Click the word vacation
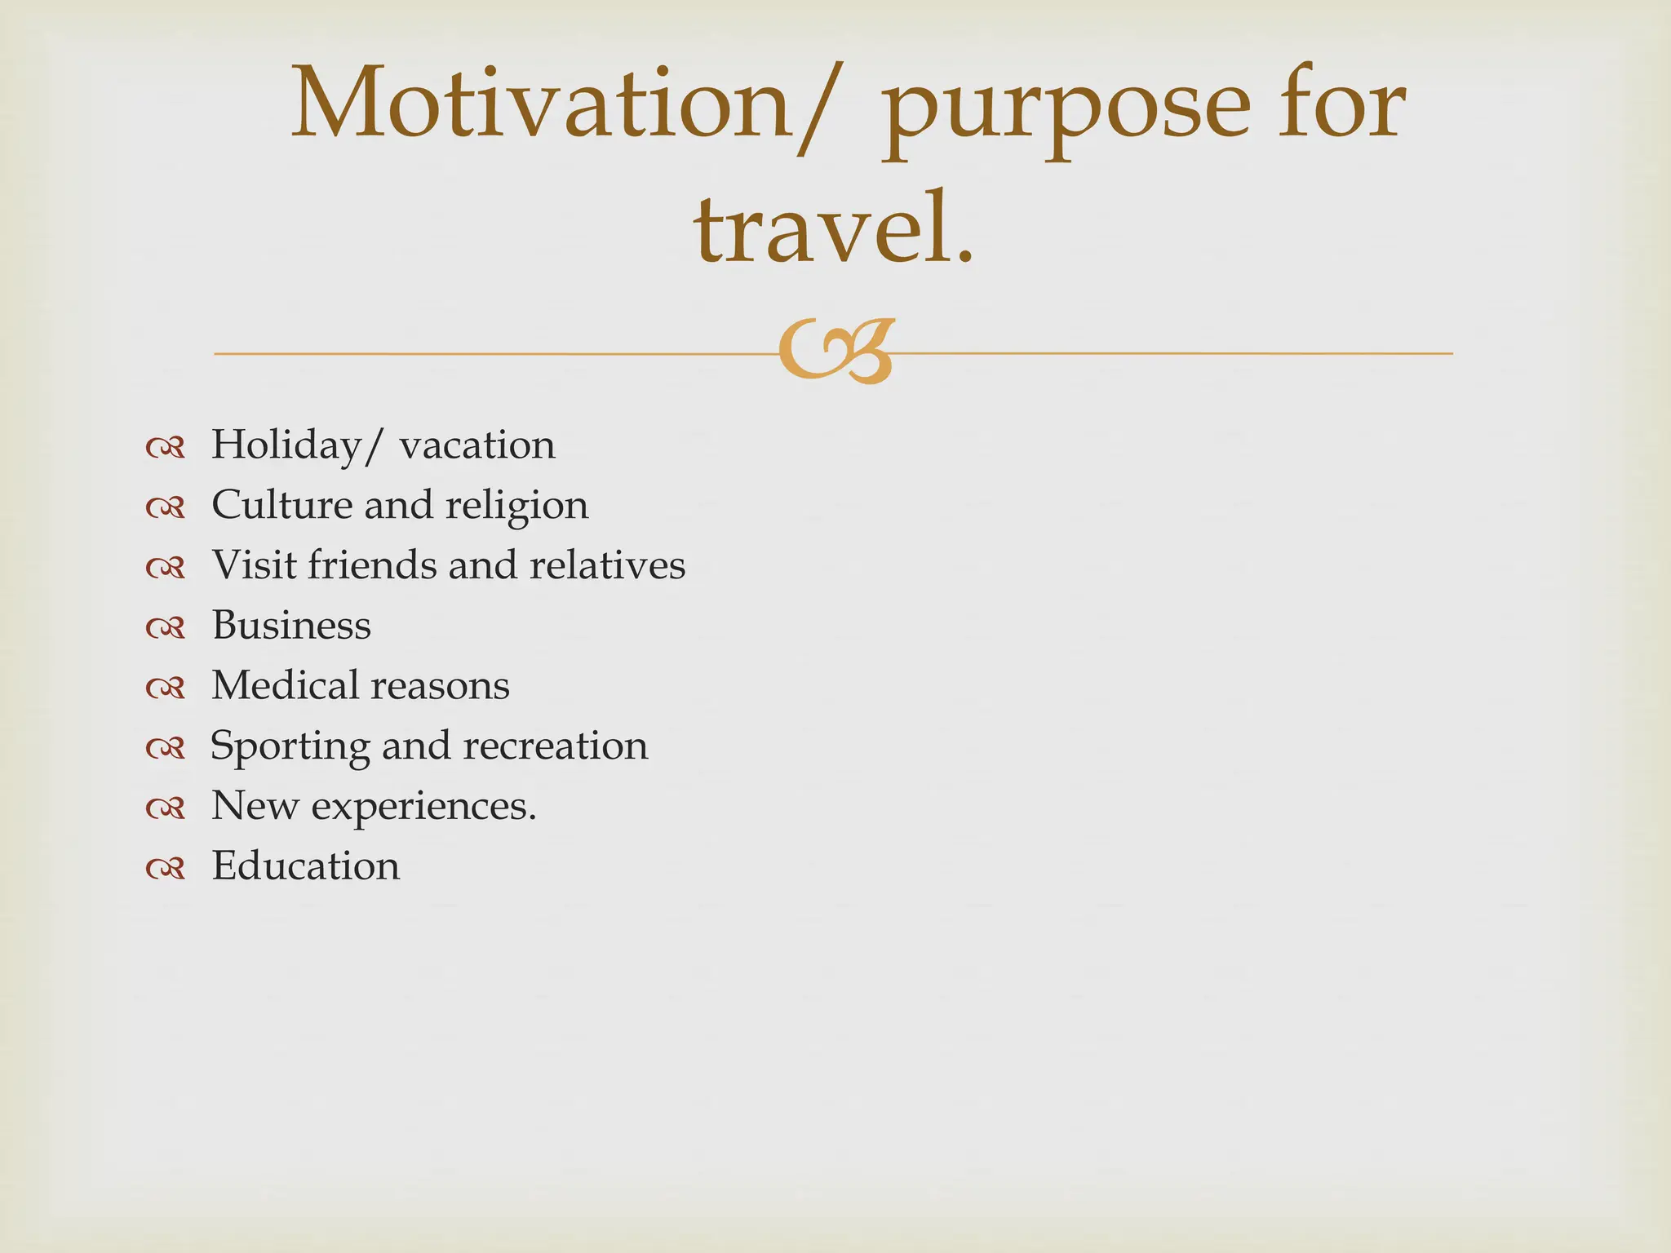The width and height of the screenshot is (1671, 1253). [x=477, y=445]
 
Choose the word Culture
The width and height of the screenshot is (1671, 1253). [x=281, y=505]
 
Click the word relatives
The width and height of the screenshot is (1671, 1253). [x=607, y=565]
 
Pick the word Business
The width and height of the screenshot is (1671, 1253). [x=291, y=626]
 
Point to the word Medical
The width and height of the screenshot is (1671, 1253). [x=286, y=685]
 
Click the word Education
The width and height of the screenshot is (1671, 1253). [x=306, y=866]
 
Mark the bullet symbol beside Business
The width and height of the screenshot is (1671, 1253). [x=166, y=627]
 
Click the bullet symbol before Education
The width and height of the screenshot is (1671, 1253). [x=166, y=868]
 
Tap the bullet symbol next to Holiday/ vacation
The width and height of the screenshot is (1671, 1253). [x=166, y=447]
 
